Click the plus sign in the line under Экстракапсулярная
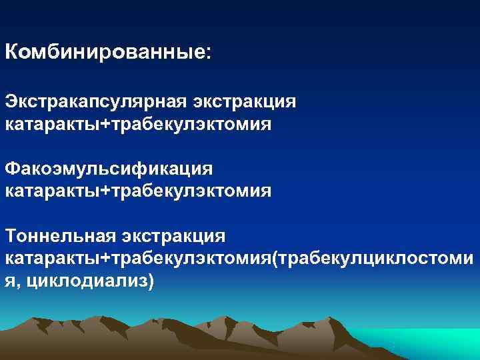coord(103,125)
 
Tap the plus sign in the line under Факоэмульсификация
coord(103,192)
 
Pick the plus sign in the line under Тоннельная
coord(103,259)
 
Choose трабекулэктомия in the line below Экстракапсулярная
coord(191,125)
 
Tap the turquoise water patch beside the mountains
coord(433,343)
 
